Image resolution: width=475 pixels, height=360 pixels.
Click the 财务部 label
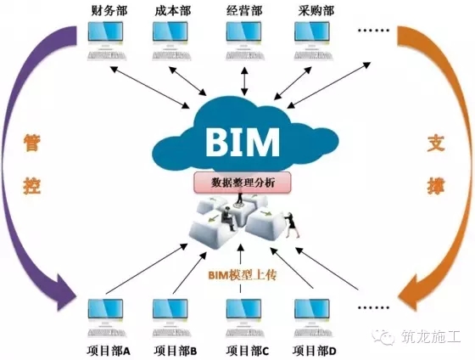point(109,11)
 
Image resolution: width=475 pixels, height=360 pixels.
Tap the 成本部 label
point(173,11)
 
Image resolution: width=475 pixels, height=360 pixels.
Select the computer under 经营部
point(244,41)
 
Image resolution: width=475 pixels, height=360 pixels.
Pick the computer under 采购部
point(313,41)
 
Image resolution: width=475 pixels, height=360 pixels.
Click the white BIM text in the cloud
point(243,142)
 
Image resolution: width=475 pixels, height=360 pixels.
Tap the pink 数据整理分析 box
point(243,183)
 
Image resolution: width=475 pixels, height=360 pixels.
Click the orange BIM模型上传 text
point(243,275)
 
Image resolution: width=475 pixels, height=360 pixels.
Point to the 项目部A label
point(109,351)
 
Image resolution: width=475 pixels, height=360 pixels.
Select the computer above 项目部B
point(171,318)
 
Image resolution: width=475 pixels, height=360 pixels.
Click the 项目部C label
point(248,351)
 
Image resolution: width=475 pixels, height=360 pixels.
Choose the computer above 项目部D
point(313,318)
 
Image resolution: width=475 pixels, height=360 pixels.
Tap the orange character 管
point(32,143)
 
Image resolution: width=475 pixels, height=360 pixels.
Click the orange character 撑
point(436,186)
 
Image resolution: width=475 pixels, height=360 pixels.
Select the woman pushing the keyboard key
point(292,225)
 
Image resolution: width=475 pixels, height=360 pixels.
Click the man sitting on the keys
point(228,218)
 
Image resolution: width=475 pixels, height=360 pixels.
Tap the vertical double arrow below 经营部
point(244,82)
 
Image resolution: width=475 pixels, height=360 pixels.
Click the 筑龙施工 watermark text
point(431,336)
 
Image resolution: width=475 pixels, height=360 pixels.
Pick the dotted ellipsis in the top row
point(373,30)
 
